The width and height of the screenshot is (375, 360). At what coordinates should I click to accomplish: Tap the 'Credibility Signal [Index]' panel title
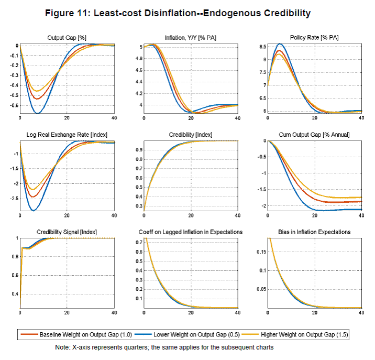point(67,232)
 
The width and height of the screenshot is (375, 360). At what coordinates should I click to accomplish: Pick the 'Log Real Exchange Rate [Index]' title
point(67,135)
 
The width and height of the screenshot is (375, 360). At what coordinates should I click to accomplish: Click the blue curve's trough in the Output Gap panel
point(38,113)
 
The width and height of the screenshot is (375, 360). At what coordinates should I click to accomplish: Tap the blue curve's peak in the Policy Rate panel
point(280,43)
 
